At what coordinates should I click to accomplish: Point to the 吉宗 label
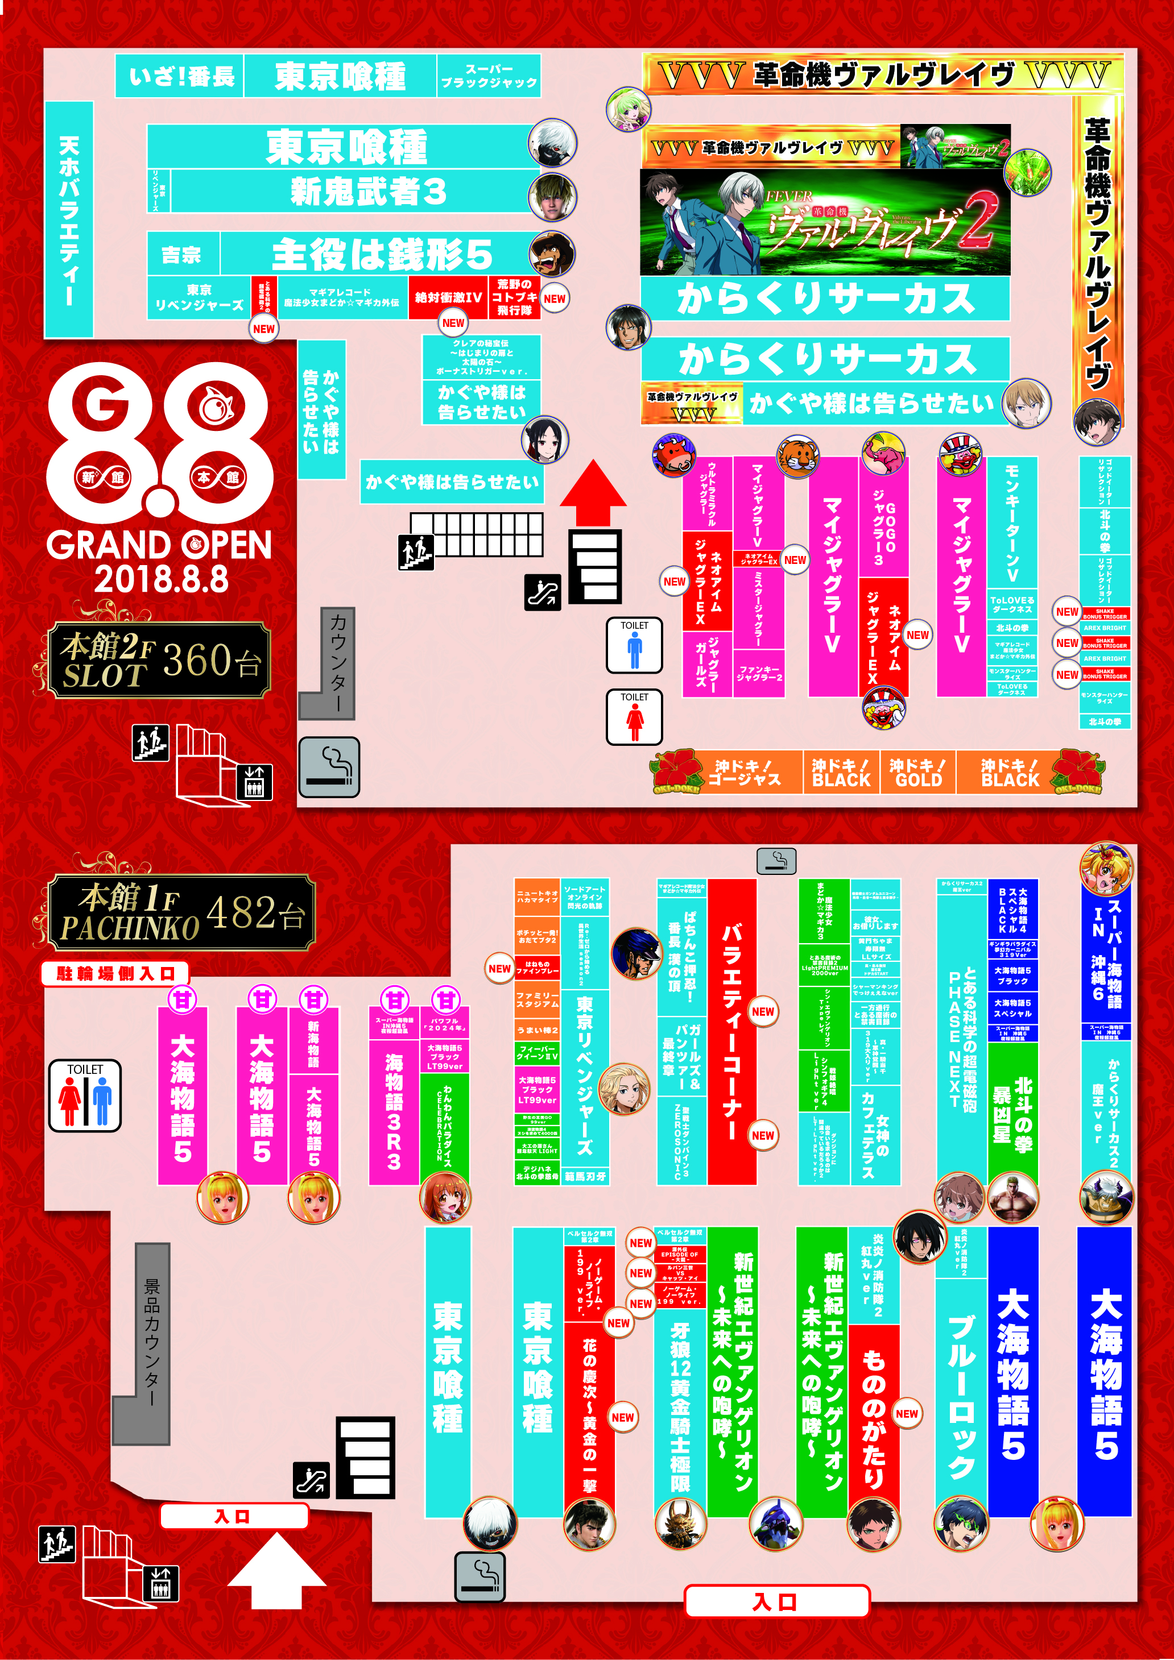(x=181, y=255)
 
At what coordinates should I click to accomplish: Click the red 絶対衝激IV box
(x=448, y=297)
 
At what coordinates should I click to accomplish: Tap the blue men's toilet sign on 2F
(x=634, y=645)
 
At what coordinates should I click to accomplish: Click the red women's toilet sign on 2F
(x=634, y=716)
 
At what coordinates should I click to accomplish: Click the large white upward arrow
(x=276, y=1570)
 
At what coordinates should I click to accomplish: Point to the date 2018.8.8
(x=160, y=579)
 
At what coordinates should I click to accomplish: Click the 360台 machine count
(x=211, y=661)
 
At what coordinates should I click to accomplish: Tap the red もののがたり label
(x=874, y=1417)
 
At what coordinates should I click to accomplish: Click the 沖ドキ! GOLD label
(x=918, y=772)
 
